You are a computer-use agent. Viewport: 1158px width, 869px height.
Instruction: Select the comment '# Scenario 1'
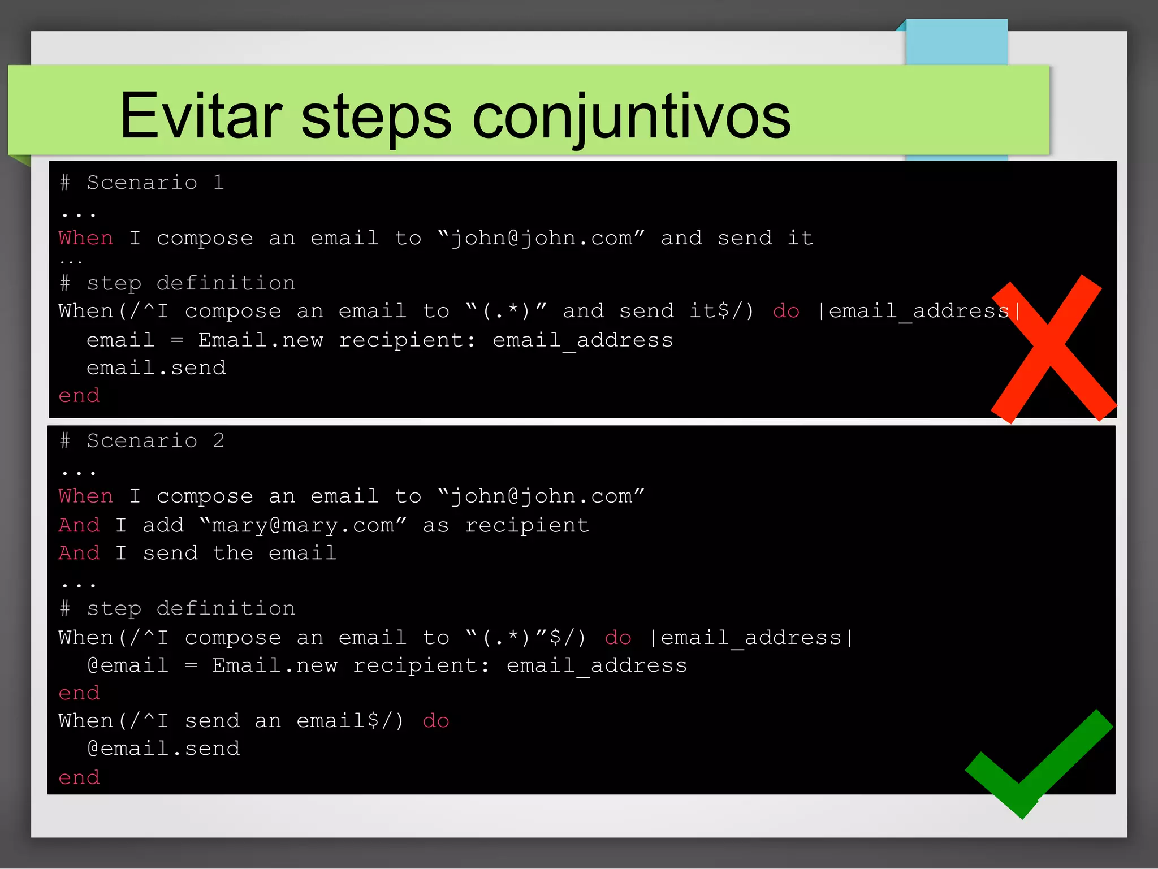[142, 183]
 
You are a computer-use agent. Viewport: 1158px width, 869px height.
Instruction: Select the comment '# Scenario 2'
[142, 441]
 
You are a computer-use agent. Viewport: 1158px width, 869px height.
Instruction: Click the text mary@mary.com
[303, 526]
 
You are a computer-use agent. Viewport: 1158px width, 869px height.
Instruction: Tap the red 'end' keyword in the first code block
[79, 396]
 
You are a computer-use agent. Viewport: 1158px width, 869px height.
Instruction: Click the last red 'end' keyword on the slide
[79, 778]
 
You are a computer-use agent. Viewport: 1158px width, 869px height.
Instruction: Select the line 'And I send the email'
[197, 553]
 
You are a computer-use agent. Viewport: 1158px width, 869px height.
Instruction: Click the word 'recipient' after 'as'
[526, 526]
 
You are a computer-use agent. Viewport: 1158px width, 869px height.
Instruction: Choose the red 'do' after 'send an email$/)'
[435, 721]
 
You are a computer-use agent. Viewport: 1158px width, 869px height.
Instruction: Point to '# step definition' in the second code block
[178, 609]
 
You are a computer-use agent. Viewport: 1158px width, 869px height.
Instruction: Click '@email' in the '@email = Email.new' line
[128, 665]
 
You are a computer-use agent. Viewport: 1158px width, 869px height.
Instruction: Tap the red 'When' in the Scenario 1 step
[86, 238]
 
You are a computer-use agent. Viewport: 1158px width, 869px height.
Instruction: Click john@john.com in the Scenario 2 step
[541, 496]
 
